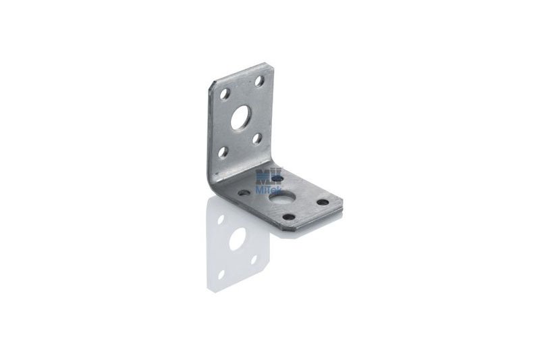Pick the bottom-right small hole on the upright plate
(257, 138)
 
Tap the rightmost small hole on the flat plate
(323, 202)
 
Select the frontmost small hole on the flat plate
(288, 217)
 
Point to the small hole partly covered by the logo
(279, 178)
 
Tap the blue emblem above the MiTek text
(266, 178)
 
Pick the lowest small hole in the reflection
(222, 274)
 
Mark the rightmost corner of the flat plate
(342, 201)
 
